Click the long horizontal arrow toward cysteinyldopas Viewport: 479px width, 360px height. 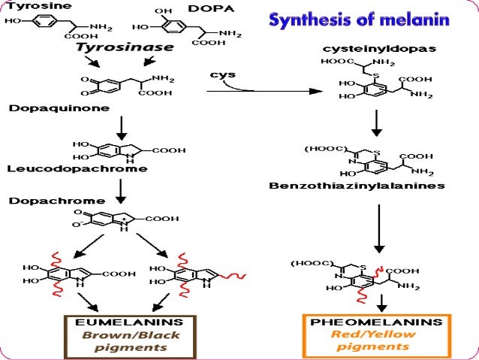[x=263, y=92]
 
